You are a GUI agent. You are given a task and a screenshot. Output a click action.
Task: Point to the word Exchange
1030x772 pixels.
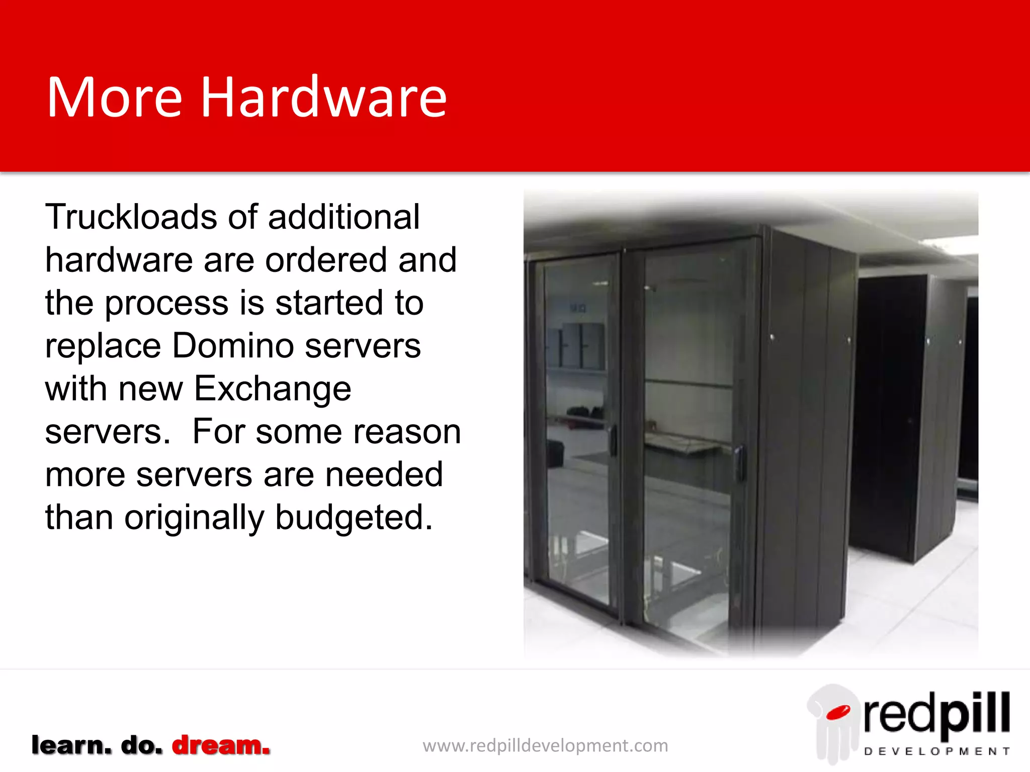coord(273,390)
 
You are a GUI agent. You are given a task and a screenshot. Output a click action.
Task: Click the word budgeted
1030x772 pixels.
coord(354,518)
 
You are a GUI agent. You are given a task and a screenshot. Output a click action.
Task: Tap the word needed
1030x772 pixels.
coord(384,474)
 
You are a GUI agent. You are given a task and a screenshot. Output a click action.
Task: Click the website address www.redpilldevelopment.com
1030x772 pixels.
coord(545,745)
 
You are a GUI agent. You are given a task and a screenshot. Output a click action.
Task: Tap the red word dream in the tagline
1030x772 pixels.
coord(221,745)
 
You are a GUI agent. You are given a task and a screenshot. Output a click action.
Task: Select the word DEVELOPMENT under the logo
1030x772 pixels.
coord(936,751)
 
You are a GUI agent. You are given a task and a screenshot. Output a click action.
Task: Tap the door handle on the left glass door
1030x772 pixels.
coord(613,440)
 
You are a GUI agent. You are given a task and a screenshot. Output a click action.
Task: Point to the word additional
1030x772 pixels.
coord(344,217)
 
